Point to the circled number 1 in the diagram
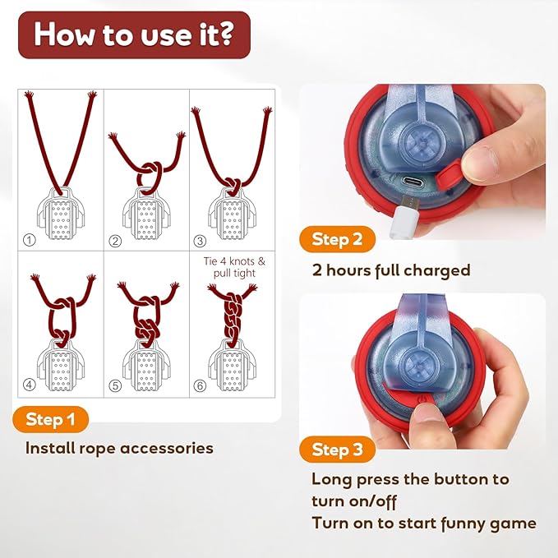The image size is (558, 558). (30, 240)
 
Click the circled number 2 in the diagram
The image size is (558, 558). (116, 240)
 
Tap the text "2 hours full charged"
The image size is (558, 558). (390, 270)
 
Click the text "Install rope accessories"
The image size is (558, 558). (119, 448)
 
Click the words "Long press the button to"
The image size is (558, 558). (409, 479)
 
